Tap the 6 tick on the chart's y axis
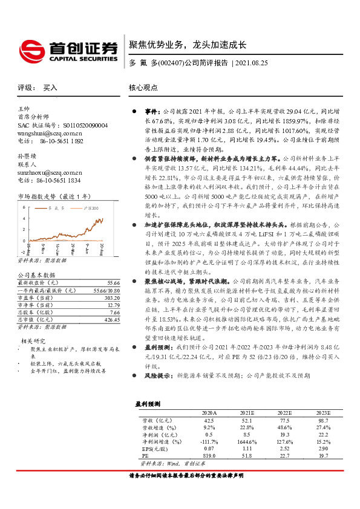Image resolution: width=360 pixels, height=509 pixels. (x=24, y=208)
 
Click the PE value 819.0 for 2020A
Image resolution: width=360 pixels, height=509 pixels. (x=209, y=456)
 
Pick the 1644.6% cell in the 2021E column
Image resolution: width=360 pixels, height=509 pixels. (x=246, y=442)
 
